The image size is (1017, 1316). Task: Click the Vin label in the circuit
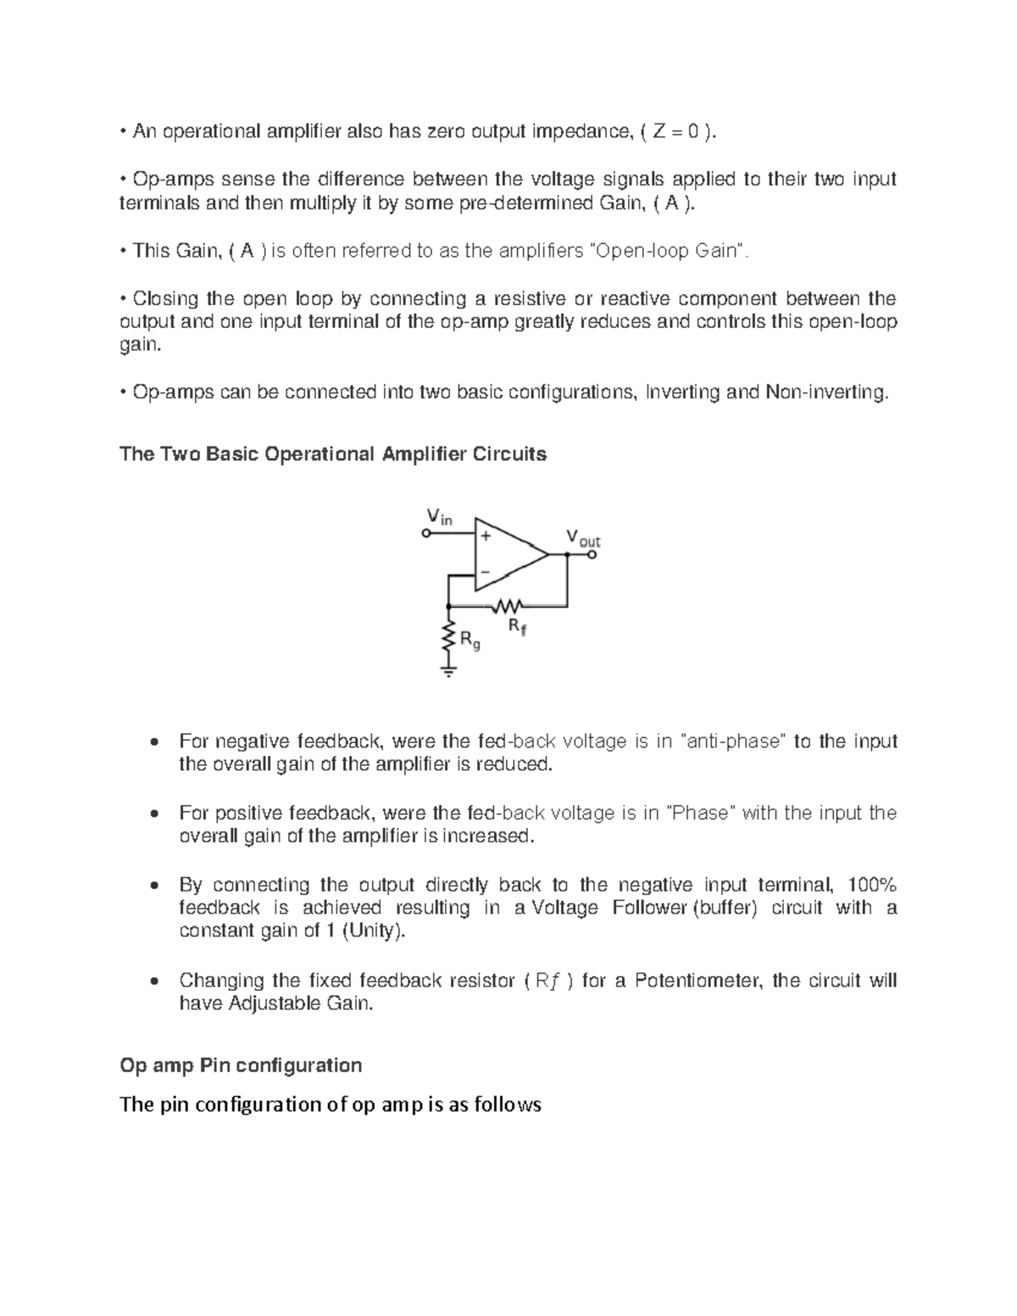coord(438,516)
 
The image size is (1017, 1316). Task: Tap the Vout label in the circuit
coord(583,538)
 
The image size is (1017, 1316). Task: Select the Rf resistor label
coord(516,627)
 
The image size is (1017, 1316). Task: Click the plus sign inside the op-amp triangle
coord(486,536)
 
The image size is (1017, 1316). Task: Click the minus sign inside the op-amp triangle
coord(486,572)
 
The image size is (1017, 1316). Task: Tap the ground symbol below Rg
coord(448,671)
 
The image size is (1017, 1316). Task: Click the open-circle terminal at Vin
coord(426,534)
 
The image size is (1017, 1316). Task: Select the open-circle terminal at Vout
coord(592,555)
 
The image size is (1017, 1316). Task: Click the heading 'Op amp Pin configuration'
coord(241,1065)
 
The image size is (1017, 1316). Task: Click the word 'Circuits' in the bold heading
coord(511,454)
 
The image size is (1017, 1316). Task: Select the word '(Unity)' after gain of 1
coord(373,931)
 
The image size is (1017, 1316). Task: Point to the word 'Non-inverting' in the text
coord(826,392)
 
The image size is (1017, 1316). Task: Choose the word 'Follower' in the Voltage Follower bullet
coord(653,908)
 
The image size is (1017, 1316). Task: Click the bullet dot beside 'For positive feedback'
coord(153,814)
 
